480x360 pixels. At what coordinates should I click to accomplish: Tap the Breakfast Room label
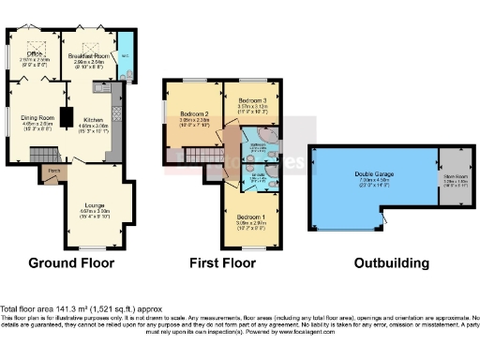pos(90,56)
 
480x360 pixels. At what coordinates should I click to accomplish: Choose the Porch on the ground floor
pos(54,171)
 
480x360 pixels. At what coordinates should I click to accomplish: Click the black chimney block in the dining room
pos(67,116)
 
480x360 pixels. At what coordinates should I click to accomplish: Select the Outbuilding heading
pos(391,263)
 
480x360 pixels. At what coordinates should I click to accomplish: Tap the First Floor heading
pos(223,263)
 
